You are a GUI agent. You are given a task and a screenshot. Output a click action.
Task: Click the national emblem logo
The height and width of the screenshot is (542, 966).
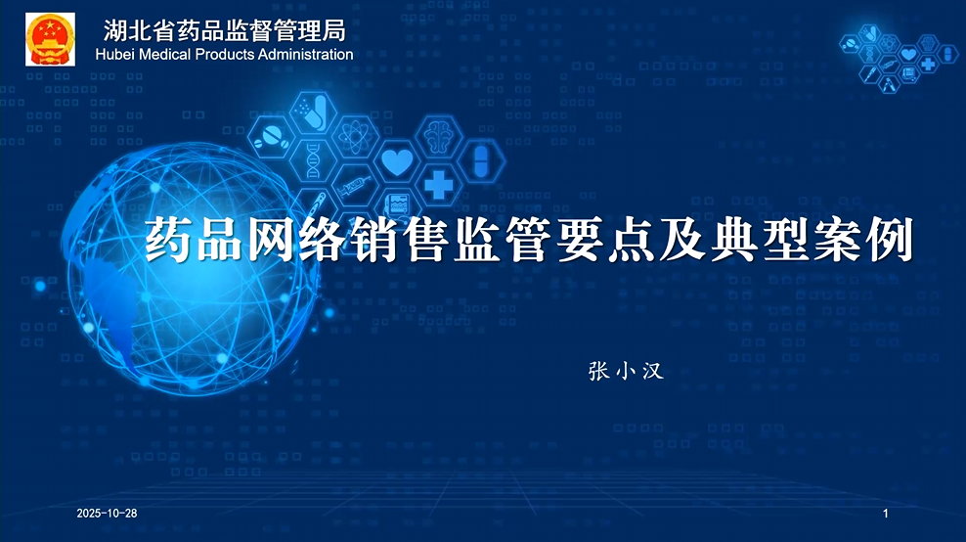coord(49,39)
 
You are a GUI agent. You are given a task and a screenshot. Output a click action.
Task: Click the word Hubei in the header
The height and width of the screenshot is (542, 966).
coord(116,55)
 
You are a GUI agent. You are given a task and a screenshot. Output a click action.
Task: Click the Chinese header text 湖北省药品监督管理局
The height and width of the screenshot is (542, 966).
coord(224,30)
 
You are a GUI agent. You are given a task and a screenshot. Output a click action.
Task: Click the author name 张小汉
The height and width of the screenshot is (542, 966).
coord(626,371)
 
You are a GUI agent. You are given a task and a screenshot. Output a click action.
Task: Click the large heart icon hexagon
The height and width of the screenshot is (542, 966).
coord(396,161)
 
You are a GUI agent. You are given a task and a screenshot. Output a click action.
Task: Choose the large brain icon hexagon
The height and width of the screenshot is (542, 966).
coord(438,135)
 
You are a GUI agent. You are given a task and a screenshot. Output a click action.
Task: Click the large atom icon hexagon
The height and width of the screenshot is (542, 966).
coord(353,136)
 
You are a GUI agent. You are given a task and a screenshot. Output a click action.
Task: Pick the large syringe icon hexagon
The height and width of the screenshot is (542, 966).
coord(354,184)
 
